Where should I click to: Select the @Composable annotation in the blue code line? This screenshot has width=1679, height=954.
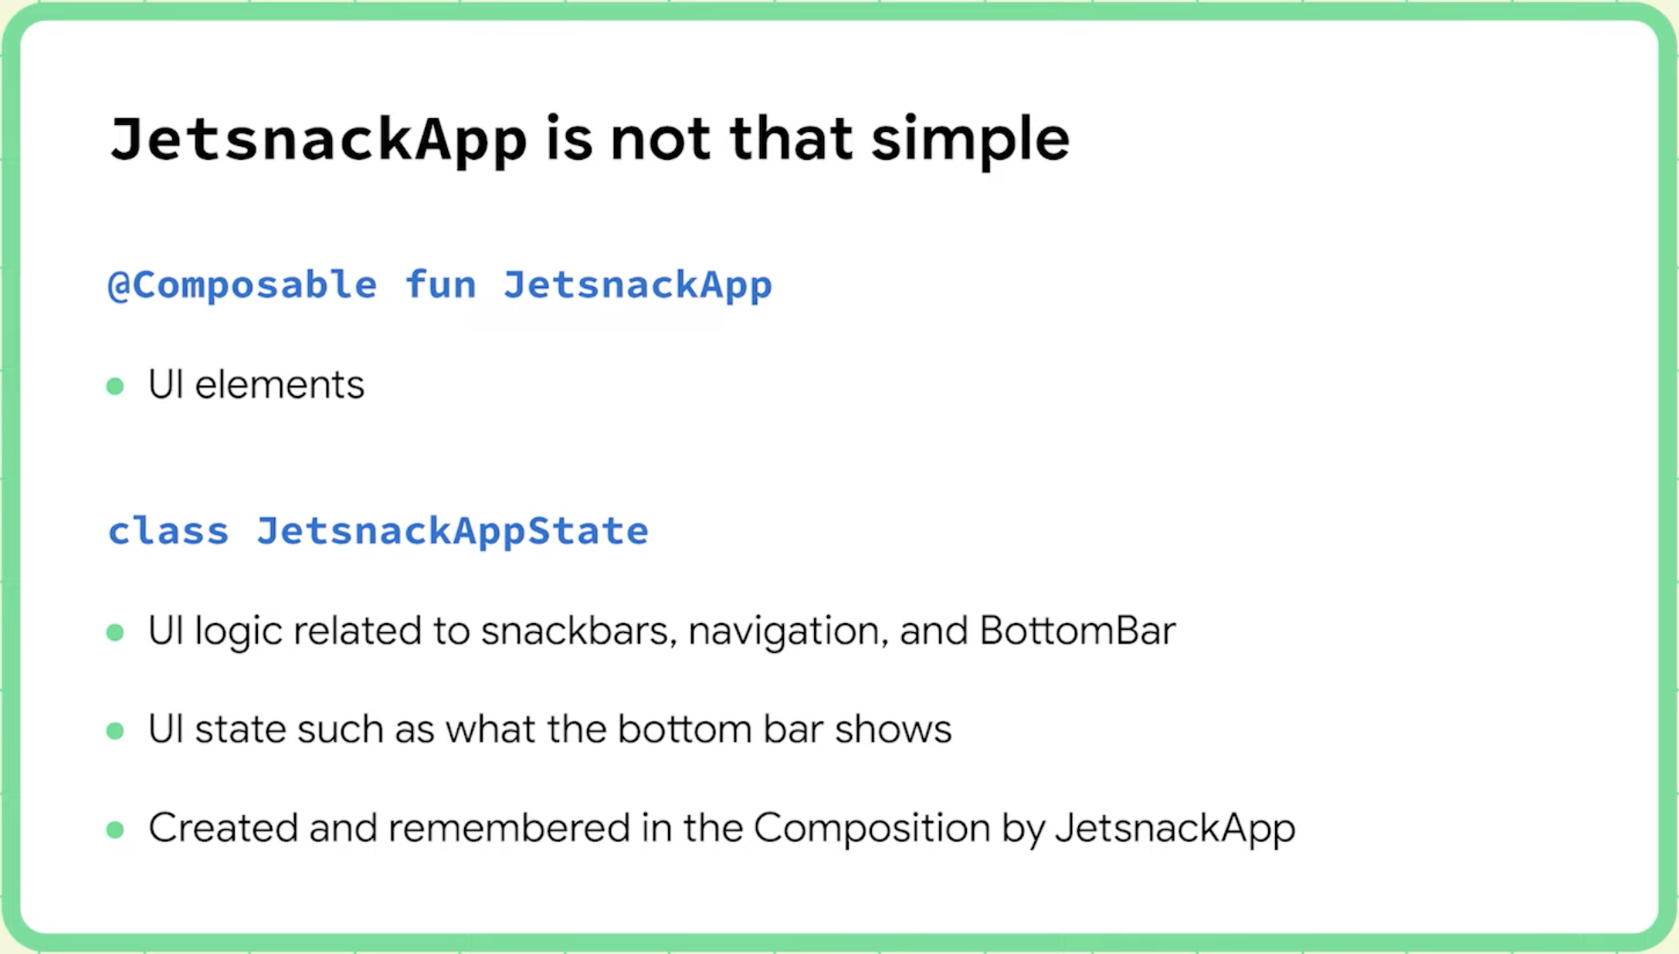coord(243,285)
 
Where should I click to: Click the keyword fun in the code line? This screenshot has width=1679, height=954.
coord(440,285)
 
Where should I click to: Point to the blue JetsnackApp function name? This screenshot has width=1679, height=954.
coord(638,285)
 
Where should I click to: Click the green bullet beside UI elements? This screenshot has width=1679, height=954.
coord(115,386)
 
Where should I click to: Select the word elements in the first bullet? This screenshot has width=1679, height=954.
coord(280,384)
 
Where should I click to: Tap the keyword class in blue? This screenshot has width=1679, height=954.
coord(168,531)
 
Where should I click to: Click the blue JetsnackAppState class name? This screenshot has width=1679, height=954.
coord(453,531)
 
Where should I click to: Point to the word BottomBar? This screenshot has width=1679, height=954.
coord(1077,631)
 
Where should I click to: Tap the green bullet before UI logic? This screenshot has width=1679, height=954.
coord(115,633)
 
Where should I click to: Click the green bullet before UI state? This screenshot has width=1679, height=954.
coord(115,731)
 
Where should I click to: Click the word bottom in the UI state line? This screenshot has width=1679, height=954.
coord(684,729)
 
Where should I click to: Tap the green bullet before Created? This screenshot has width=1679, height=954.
coord(115,830)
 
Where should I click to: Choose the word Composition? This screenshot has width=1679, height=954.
coord(872,828)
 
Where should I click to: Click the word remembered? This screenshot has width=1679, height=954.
coord(509,828)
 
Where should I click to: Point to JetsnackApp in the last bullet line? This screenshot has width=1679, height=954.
coord(1175,828)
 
